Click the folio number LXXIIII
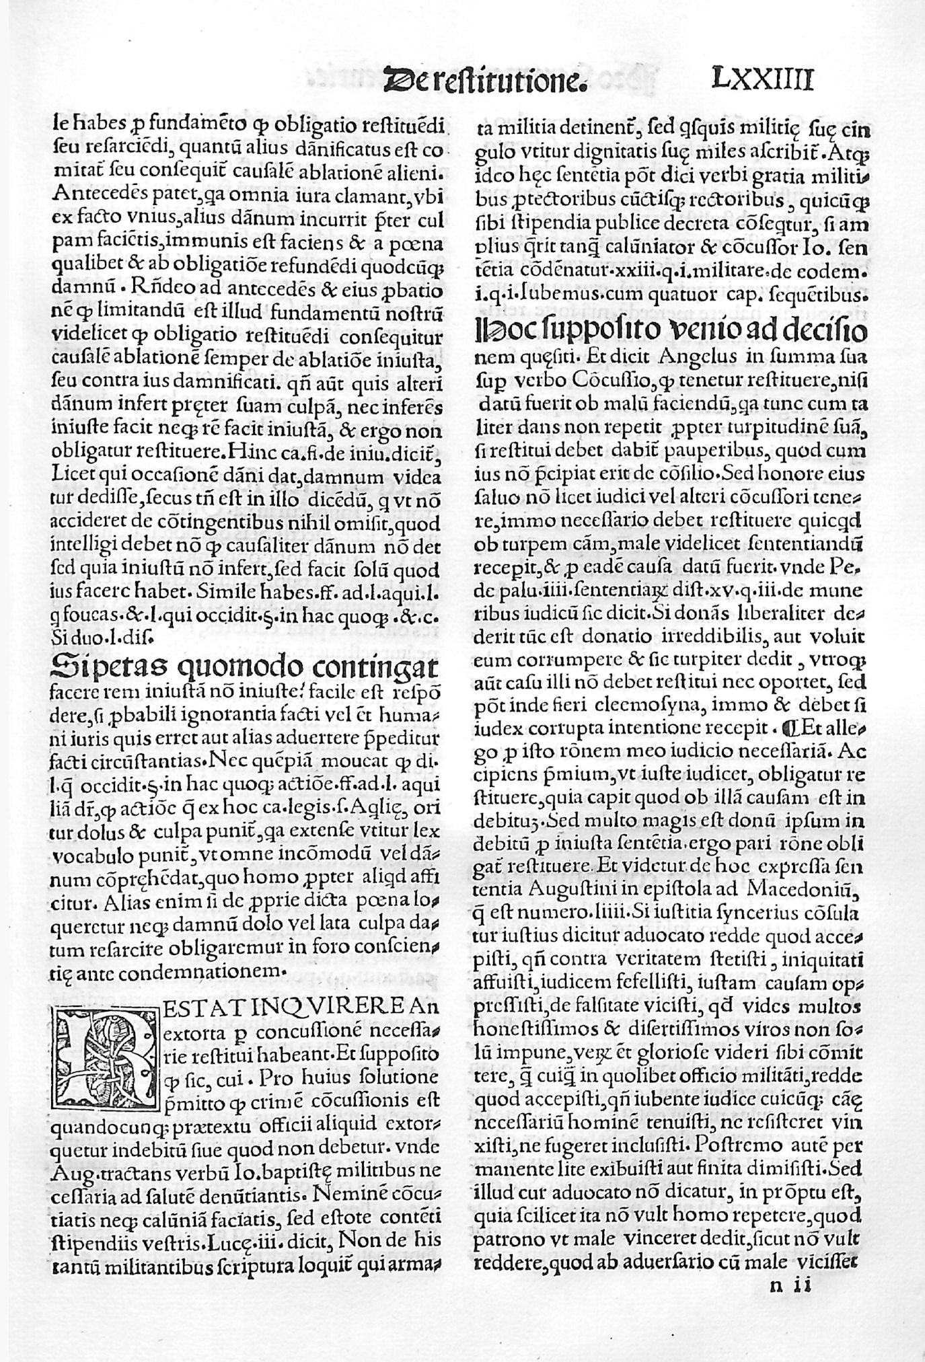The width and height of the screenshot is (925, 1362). click(x=762, y=79)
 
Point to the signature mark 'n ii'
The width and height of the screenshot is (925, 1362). click(x=790, y=1286)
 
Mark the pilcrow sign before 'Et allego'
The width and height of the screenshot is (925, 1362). click(x=784, y=728)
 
